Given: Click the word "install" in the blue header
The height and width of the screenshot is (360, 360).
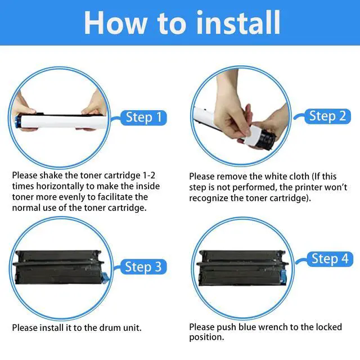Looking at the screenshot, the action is (x=238, y=22).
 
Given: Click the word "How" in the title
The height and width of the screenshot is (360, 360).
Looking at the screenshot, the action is (x=115, y=23).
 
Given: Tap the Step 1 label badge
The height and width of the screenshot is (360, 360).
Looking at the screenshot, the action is (x=143, y=118).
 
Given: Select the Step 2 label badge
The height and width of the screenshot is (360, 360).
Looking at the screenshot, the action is (x=327, y=116).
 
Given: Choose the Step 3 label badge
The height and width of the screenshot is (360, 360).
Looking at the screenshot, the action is (x=143, y=267).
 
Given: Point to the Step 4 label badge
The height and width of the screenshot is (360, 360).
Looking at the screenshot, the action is (x=330, y=259).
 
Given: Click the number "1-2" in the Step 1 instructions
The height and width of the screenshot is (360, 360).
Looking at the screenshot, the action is (x=148, y=175).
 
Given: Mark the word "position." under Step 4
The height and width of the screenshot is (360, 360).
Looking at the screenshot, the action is (x=206, y=337).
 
